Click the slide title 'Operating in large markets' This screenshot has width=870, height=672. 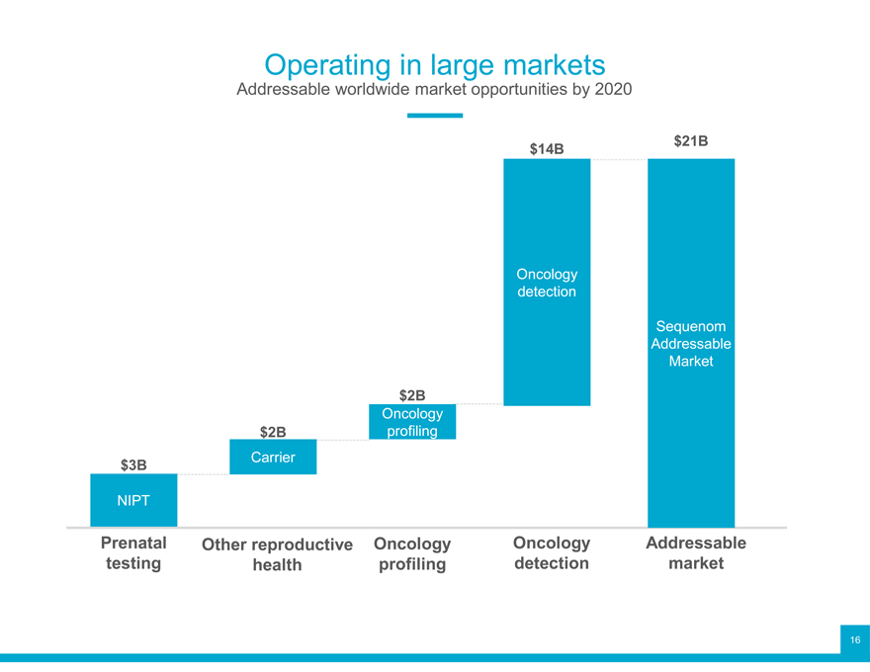[x=434, y=65]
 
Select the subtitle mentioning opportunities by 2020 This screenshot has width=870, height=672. [x=434, y=91]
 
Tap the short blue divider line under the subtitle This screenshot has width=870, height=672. [x=434, y=116]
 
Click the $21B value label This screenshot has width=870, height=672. [x=690, y=141]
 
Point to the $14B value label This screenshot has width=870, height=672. [x=546, y=149]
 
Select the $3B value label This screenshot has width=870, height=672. [x=133, y=464]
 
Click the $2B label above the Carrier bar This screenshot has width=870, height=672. [x=273, y=432]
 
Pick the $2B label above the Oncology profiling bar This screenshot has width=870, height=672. [x=412, y=395]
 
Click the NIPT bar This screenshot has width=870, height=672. [x=133, y=500]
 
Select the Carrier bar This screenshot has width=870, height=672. [x=273, y=458]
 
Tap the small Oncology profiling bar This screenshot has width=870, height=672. [x=412, y=422]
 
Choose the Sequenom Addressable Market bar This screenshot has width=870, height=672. [x=691, y=445]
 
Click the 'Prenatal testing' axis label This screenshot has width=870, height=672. [x=133, y=553]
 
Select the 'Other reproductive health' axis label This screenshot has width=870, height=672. [x=277, y=554]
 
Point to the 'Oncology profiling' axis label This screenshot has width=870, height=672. [x=412, y=554]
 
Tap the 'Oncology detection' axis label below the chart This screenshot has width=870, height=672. [x=552, y=553]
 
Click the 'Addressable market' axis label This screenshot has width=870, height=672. [x=696, y=553]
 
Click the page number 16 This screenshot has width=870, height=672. [x=854, y=639]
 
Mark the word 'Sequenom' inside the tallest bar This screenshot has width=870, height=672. [x=691, y=326]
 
